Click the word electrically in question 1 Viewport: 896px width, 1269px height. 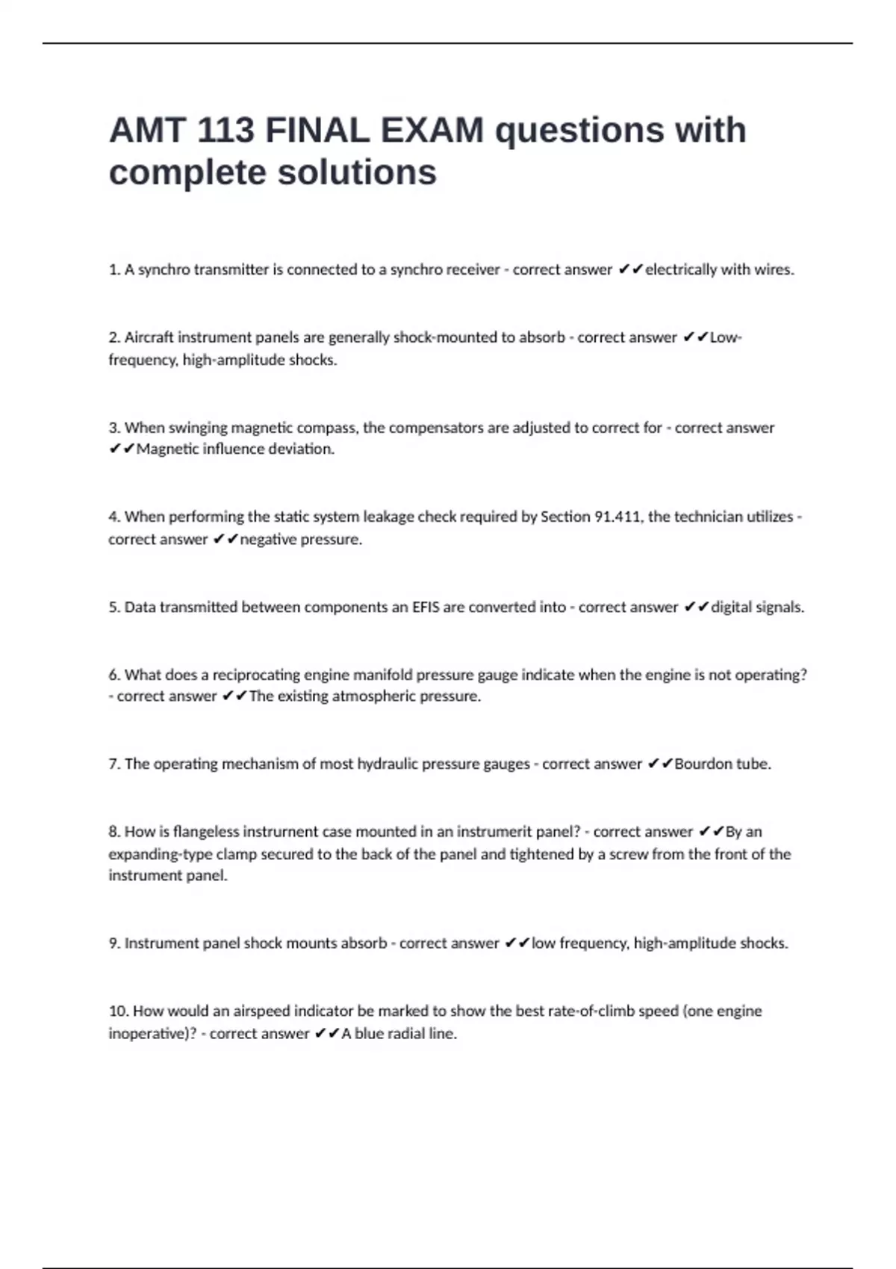(680, 269)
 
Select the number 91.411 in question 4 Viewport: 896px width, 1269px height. (617, 517)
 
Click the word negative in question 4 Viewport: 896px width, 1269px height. (267, 540)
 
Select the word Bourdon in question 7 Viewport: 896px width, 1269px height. (701, 764)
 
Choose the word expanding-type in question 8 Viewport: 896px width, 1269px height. (160, 854)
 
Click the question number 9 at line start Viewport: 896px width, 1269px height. (113, 944)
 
